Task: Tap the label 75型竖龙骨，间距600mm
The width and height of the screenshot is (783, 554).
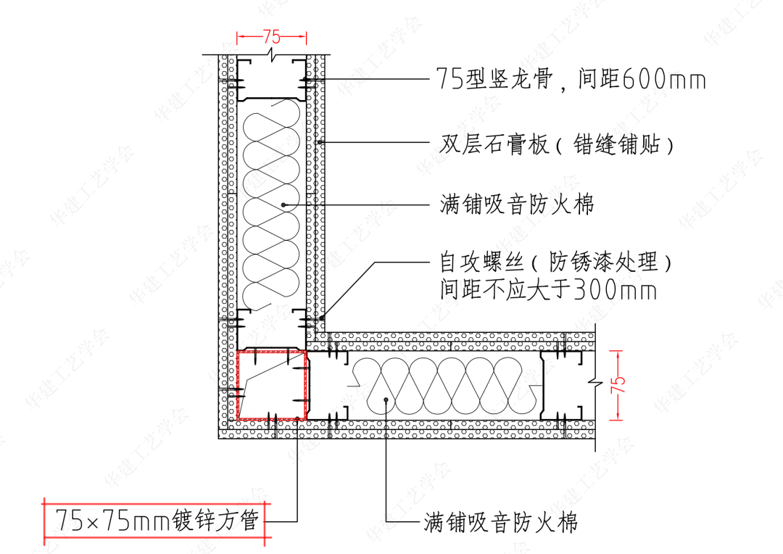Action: (571, 78)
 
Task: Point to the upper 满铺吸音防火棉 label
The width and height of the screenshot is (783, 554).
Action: (516, 204)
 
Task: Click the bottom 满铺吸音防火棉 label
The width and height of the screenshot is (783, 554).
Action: (501, 521)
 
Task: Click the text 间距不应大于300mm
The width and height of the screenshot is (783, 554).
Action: (548, 291)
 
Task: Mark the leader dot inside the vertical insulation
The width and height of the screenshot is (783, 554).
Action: (283, 205)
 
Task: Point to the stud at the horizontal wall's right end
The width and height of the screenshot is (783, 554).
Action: (562, 385)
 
